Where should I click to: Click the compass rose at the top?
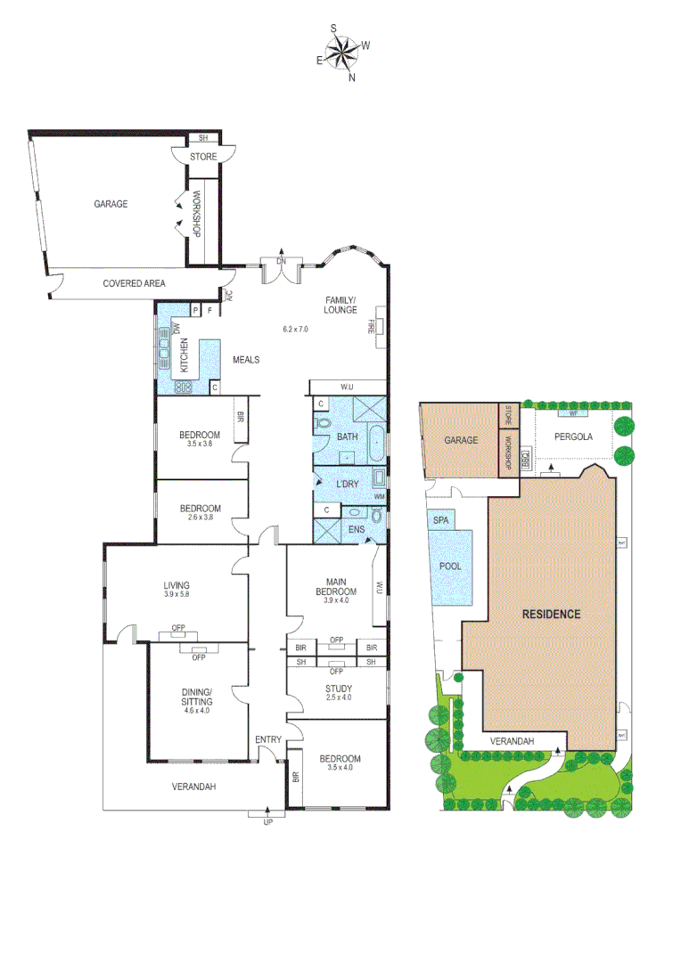(341, 51)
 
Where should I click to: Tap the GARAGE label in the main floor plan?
(111, 204)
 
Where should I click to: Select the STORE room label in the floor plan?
(202, 158)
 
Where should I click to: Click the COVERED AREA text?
(134, 283)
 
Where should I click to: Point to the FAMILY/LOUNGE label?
(340, 305)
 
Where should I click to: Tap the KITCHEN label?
(185, 356)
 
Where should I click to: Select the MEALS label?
(246, 360)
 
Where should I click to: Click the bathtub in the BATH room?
(378, 442)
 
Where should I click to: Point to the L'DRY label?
(347, 485)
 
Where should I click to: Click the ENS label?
(356, 529)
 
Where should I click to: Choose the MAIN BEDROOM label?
(336, 586)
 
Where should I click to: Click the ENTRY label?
(267, 740)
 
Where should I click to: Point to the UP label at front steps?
(267, 821)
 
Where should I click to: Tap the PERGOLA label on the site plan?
(572, 437)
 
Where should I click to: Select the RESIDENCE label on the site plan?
(551, 614)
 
